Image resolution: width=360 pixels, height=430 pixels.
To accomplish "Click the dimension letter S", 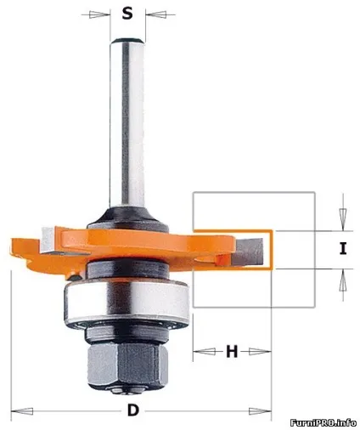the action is [127, 14].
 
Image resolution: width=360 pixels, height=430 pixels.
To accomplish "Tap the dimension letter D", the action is [133, 410].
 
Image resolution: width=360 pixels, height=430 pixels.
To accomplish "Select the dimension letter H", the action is [232, 352].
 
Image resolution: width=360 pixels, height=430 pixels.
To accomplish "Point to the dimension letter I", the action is [343, 248].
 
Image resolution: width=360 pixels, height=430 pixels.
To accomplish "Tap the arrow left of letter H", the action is [204, 352].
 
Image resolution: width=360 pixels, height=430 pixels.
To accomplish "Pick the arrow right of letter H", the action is [260, 352].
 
